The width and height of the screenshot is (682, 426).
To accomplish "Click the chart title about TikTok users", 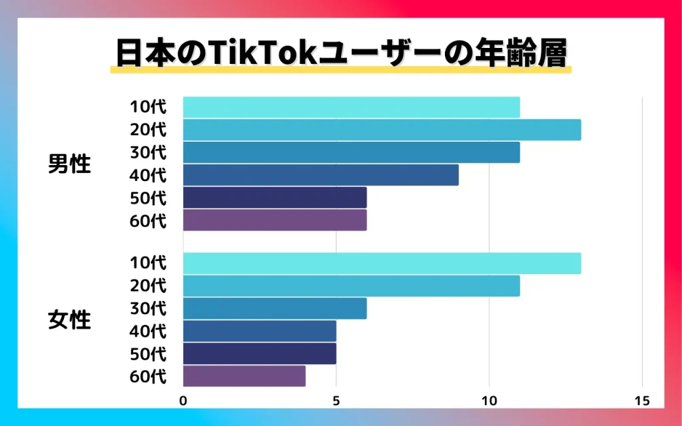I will (340, 53).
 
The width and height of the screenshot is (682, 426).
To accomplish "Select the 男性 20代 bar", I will (382, 130).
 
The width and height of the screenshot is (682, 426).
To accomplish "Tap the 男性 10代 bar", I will (351, 107).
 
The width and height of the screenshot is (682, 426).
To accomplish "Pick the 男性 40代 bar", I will (320, 175).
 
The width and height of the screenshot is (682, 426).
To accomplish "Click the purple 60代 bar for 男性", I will (274, 220).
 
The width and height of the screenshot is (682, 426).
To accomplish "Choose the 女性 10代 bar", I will (382, 264).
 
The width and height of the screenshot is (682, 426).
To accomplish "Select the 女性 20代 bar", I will (351, 286).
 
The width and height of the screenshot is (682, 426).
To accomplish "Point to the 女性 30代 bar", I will (274, 309).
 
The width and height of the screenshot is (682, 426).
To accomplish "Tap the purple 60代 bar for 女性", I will (244, 376).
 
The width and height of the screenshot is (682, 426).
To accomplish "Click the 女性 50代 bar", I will (259, 353).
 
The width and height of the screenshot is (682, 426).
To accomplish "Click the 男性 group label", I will (70, 164).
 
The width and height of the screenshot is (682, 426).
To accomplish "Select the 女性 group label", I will (70, 320).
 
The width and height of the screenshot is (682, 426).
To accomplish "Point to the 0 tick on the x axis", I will (183, 401).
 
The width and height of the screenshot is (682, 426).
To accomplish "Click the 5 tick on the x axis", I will (336, 401).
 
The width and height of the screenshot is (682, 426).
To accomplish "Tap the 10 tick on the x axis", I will (490, 401).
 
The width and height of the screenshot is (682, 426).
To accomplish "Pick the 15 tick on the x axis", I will (642, 401).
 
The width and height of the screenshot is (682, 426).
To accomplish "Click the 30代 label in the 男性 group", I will (148, 152).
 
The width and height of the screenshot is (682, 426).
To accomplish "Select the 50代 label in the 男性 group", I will (148, 198).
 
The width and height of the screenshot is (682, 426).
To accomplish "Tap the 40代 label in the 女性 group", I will (148, 331).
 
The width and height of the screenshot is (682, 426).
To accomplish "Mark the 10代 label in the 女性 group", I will (148, 264).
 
